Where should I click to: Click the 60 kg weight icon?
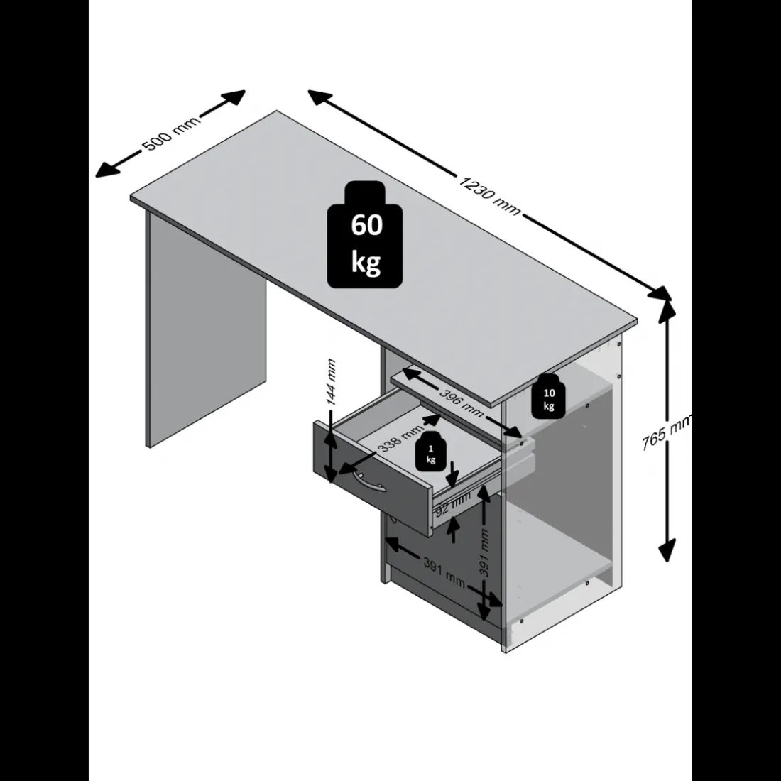[365, 234]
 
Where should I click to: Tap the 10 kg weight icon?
[548, 396]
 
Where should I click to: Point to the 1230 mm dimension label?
[489, 195]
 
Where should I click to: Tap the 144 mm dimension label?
[330, 382]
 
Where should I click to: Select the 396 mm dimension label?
[461, 401]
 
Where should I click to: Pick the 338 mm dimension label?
[400, 438]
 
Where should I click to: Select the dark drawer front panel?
[372, 479]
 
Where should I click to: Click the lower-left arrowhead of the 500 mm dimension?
[106, 170]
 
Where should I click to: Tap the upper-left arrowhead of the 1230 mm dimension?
[320, 97]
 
